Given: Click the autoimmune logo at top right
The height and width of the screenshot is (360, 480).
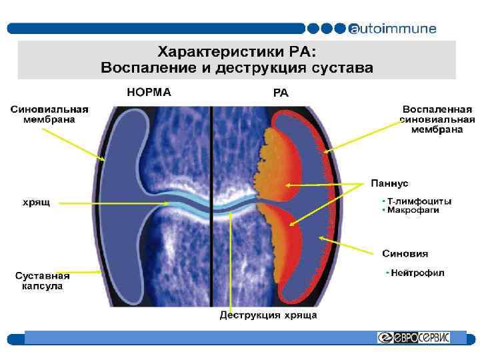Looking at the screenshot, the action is click(x=393, y=29).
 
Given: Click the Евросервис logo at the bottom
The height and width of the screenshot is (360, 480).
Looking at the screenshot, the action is click(x=413, y=337).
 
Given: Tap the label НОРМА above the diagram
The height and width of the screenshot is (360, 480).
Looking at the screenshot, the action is click(x=148, y=93).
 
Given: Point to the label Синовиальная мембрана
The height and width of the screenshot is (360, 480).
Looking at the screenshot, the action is click(x=49, y=114).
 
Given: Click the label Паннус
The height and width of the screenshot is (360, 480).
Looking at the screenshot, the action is click(x=390, y=182).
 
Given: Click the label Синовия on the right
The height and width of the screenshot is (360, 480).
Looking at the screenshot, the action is click(x=405, y=253).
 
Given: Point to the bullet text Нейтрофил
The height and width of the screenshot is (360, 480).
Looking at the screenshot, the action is click(x=417, y=272).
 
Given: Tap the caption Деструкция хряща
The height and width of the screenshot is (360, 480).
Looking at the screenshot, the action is click(x=268, y=315).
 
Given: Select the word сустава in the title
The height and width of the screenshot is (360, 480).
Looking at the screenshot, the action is click(x=347, y=67).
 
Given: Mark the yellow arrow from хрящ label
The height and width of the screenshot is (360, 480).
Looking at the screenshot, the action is click(x=113, y=203).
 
